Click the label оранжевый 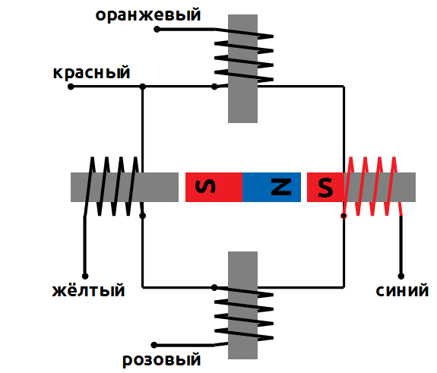[148, 14]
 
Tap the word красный [91, 72]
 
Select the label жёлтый [88, 289]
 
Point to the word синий [402, 290]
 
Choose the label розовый [162, 360]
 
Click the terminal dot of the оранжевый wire [157, 29]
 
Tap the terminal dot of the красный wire [71, 87]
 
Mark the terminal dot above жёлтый [85, 276]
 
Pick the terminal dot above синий [401, 276]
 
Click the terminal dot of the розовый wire [154, 345]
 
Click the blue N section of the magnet [271, 187]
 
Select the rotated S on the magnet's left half [205, 186]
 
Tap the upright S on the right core [325, 187]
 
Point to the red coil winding [372, 186]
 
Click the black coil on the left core [113, 186]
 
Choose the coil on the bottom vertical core [244, 315]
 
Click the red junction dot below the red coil [344, 216]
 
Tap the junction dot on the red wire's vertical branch [142, 87]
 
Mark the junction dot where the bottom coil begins [214, 287]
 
